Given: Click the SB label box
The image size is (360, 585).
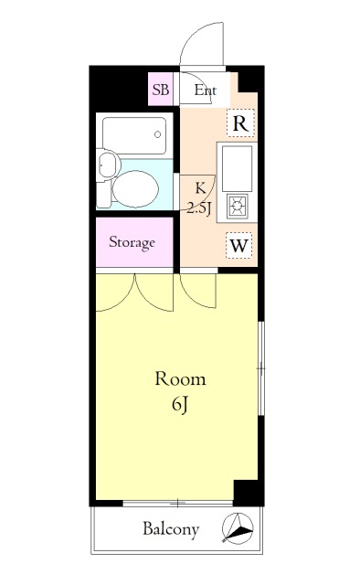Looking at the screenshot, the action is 161,90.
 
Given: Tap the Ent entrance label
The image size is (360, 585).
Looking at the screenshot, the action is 206,90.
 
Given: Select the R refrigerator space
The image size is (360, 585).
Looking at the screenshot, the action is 240,123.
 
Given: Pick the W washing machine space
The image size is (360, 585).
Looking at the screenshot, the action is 238,246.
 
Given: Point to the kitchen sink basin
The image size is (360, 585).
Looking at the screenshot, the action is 238,168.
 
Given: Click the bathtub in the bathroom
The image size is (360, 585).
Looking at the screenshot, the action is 134,136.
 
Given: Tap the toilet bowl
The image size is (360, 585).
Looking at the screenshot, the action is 135,189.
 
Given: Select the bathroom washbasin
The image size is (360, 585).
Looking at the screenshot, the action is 108,165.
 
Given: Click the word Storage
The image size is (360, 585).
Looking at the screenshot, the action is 132,242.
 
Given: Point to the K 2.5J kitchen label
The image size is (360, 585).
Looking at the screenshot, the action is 200,198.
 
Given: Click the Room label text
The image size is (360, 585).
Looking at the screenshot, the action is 181,378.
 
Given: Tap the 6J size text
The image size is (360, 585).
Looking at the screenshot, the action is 179,404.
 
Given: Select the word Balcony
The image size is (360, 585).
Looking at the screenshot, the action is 171,529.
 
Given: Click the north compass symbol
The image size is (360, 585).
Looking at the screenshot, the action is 238,528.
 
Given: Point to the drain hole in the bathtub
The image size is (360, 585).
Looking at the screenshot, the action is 158,134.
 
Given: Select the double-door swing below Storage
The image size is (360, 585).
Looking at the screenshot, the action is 134,292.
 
